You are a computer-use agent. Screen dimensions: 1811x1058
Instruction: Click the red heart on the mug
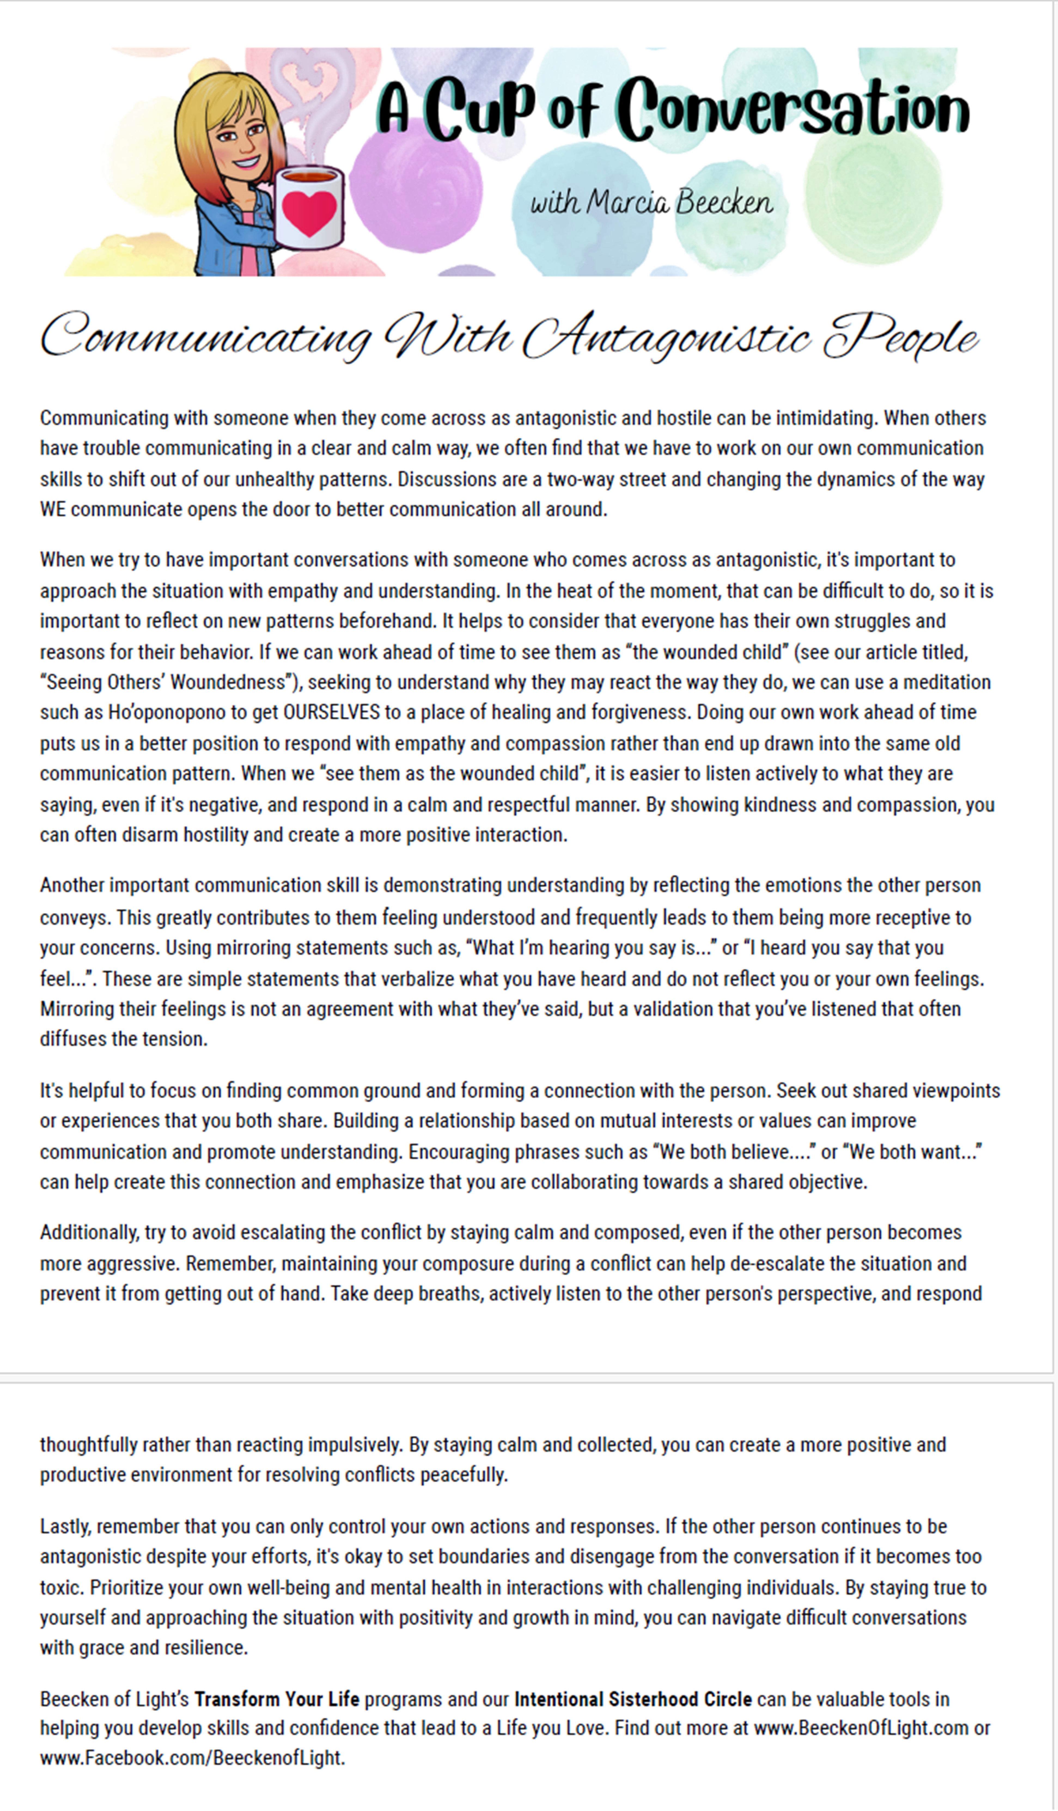point(309,212)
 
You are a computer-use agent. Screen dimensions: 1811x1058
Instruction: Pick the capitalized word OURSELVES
point(331,712)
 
